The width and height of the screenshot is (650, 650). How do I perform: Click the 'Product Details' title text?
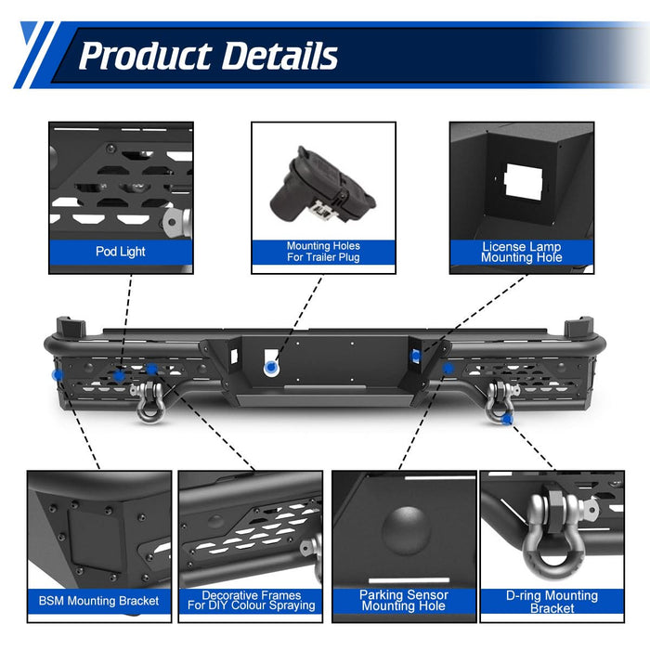click(208, 56)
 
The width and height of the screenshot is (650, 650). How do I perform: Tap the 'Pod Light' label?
click(121, 252)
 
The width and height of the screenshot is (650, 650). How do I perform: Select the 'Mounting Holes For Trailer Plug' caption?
click(323, 252)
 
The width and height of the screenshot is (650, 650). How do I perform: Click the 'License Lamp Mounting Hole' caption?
click(522, 252)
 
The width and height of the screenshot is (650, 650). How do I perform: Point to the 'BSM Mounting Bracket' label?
click(98, 601)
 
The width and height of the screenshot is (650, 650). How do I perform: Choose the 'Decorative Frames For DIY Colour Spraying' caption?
click(252, 601)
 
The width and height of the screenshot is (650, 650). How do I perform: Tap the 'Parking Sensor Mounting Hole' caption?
click(404, 601)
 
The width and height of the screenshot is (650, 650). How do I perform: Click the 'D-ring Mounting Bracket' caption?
click(552, 602)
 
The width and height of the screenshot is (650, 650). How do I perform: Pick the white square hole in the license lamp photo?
click(523, 182)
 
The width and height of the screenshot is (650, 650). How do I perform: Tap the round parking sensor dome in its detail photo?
click(406, 530)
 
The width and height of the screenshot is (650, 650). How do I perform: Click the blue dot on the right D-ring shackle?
click(506, 420)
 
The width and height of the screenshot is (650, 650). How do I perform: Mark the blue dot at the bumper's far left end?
click(58, 375)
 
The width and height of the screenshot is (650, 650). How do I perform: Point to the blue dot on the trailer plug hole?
click(271, 367)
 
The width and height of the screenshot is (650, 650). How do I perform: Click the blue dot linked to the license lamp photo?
click(415, 356)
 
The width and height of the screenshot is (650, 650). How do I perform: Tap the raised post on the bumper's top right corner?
click(578, 327)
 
